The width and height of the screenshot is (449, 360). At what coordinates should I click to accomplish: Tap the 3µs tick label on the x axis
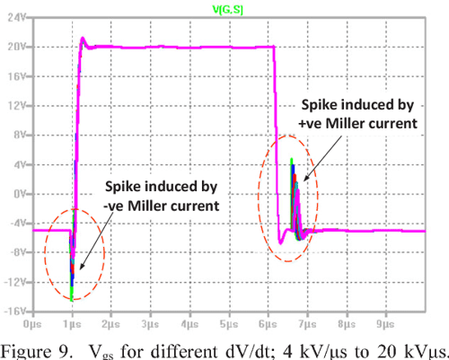(x=151, y=321)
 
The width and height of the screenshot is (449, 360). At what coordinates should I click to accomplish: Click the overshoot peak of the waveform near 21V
(x=83, y=38)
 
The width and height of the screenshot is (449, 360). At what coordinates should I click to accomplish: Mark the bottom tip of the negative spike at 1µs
(x=72, y=285)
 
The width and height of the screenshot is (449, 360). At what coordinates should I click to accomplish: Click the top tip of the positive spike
(x=292, y=159)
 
